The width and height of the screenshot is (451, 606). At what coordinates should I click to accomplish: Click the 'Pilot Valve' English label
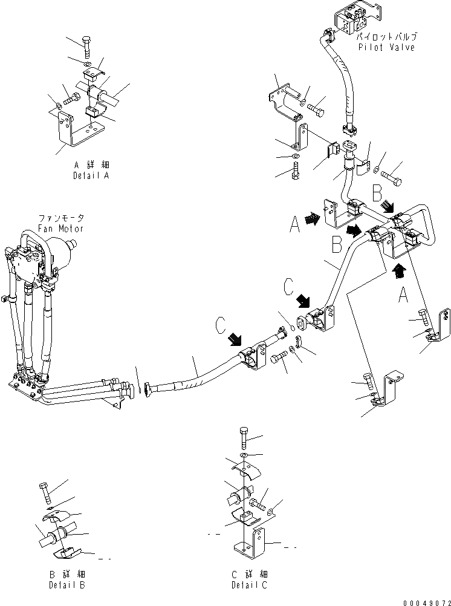click(x=386, y=47)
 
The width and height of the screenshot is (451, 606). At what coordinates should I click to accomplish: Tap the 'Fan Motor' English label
click(x=60, y=228)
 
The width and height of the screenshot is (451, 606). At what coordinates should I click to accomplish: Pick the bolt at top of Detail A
click(x=86, y=46)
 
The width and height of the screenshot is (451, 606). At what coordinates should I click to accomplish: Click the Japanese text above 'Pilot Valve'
click(x=386, y=37)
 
